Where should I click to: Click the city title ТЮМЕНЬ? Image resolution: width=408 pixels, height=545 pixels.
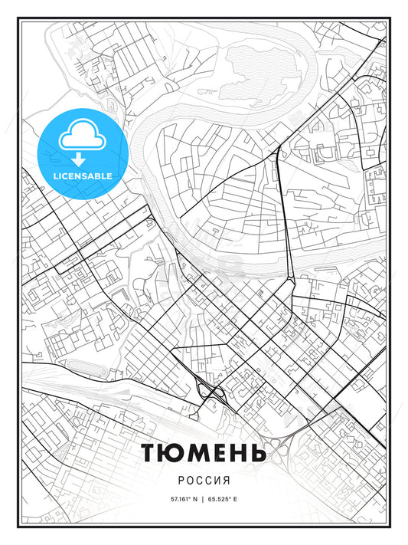tap(204, 452)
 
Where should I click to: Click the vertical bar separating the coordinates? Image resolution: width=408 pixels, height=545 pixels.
tap(203, 499)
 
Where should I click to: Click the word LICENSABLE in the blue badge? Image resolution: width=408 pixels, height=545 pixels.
tap(82, 176)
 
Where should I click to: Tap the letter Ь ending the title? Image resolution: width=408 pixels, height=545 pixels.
tap(258, 452)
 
